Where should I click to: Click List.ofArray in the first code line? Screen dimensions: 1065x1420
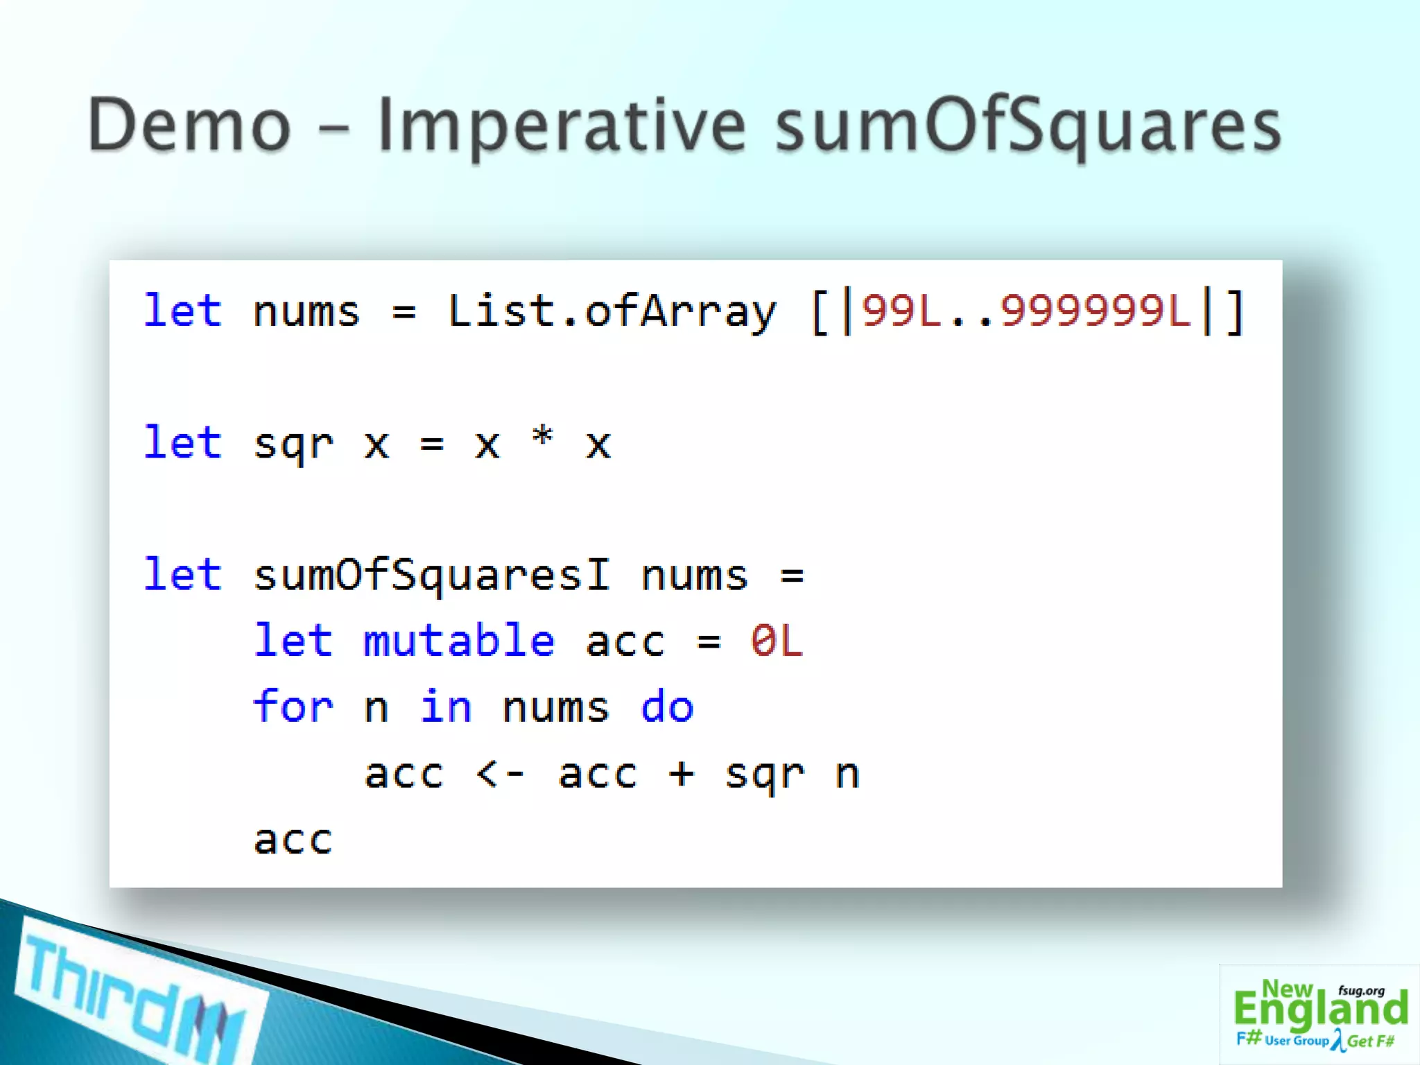point(612,311)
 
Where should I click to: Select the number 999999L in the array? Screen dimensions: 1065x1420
point(1096,311)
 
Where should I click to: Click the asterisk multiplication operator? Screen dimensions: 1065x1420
point(542,438)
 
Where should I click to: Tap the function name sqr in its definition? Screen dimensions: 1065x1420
point(294,444)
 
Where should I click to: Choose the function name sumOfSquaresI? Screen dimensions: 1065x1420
point(431,575)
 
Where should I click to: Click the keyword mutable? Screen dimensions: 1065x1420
point(459,641)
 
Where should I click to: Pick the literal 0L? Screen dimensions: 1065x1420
point(777,641)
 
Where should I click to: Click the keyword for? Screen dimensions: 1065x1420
point(293,707)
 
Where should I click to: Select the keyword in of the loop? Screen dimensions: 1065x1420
point(446,707)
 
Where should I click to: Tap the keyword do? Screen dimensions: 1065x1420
point(667,707)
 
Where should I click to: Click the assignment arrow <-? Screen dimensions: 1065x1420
point(500,773)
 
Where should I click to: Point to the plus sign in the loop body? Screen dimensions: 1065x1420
point(681,773)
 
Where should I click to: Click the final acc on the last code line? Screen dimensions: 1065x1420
point(293,840)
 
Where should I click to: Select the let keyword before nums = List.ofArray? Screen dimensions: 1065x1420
point(182,311)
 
